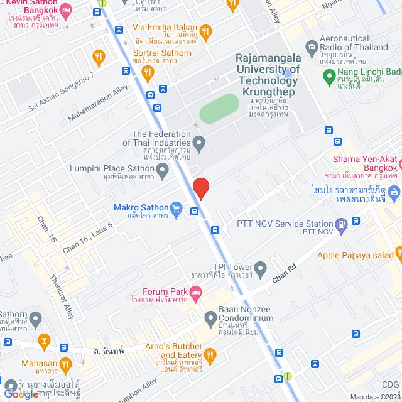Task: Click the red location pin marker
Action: point(200,188)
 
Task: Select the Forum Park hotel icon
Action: point(195,291)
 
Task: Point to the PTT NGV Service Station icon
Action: point(342,224)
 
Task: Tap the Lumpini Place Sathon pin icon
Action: point(163,170)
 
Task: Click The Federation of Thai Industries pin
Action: point(199,144)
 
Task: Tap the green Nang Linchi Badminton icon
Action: point(328,77)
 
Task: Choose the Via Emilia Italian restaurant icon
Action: point(205,31)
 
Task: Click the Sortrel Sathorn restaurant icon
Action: point(148,73)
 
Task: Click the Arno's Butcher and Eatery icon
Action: point(210,355)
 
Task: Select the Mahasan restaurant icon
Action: point(64,363)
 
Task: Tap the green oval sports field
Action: point(220,109)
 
